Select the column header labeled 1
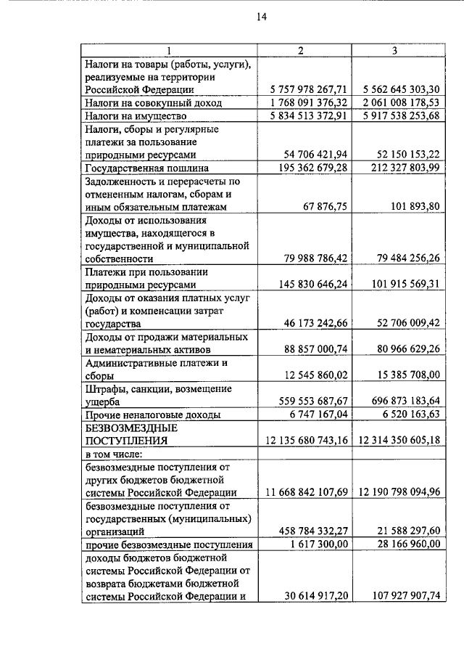(168, 50)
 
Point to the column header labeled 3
(394, 50)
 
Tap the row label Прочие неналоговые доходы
(153, 415)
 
